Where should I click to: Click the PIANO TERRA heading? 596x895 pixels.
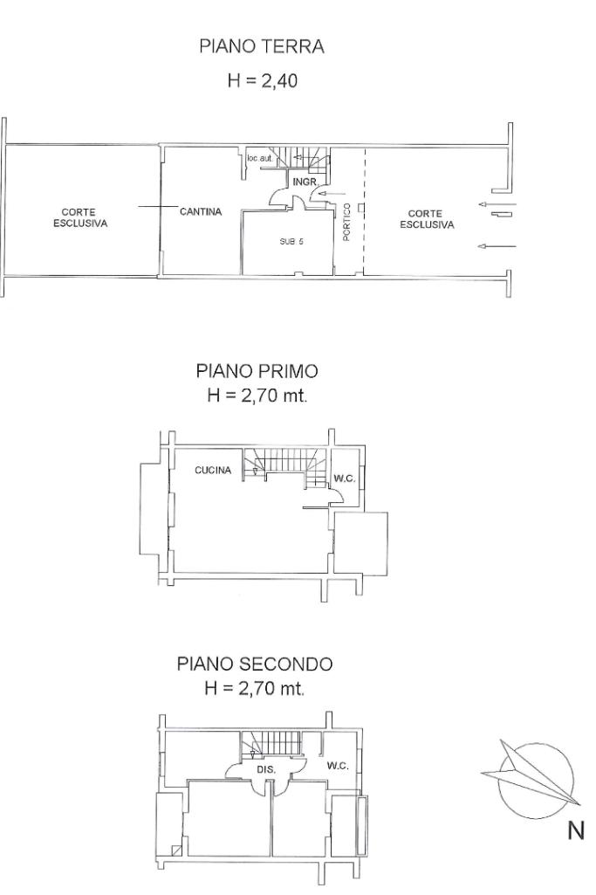click(x=262, y=46)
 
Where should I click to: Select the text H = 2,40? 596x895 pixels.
click(x=263, y=80)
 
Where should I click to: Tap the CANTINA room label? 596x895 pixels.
click(x=201, y=212)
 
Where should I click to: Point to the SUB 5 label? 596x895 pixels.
click(x=291, y=242)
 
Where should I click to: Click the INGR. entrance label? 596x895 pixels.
click(x=305, y=182)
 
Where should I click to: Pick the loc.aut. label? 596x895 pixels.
click(x=260, y=158)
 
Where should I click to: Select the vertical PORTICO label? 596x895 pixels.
click(x=346, y=222)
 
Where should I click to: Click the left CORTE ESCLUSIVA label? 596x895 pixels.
click(x=80, y=218)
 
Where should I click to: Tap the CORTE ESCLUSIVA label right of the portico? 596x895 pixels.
click(x=427, y=219)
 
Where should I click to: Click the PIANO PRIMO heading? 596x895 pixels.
click(x=257, y=371)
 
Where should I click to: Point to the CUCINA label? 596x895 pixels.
click(x=213, y=471)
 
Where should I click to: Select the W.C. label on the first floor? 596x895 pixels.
click(x=345, y=478)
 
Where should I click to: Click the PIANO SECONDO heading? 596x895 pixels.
click(x=255, y=664)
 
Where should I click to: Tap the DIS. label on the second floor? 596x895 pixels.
click(x=266, y=769)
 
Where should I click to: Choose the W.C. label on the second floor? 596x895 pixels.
click(x=338, y=766)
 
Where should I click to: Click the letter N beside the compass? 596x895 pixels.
click(x=576, y=830)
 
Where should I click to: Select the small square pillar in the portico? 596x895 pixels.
click(x=361, y=207)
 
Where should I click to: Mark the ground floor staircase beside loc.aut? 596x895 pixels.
click(x=308, y=157)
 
